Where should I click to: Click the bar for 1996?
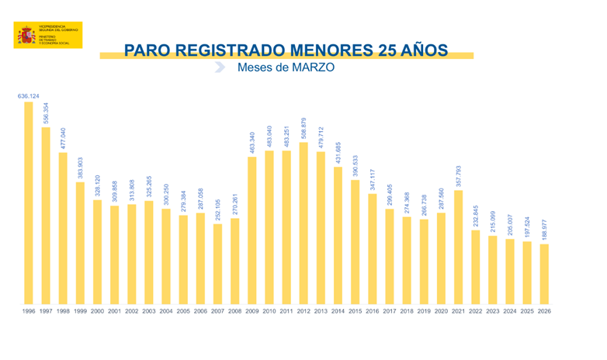tap(29, 203)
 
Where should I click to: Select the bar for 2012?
tap(303, 223)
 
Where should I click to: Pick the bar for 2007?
tap(217, 264)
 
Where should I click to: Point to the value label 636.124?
tap(29, 96)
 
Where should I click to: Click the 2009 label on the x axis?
tap(251, 311)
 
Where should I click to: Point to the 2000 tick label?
tap(97, 311)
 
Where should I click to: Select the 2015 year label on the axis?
tap(355, 311)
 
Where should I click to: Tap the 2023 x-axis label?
tap(492, 311)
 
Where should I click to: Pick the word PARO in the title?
tap(147, 50)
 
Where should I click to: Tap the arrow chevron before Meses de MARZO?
tap(220, 67)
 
